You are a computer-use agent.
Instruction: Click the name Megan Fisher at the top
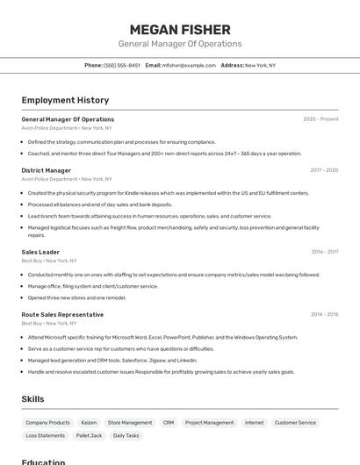(180, 29)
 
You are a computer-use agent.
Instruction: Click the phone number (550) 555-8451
(121, 65)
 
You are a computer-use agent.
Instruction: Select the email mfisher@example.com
(189, 65)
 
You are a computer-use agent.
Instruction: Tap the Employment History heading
(65, 100)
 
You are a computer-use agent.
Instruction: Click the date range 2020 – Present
(320, 119)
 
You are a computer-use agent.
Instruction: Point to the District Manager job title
(47, 170)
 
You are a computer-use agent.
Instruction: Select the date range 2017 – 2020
(324, 170)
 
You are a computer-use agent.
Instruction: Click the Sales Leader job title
(40, 252)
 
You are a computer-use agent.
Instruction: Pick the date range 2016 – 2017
(324, 252)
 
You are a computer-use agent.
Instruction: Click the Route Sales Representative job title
(62, 314)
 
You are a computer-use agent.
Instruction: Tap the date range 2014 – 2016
(324, 314)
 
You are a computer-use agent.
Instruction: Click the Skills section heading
(33, 398)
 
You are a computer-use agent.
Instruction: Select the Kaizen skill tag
(89, 422)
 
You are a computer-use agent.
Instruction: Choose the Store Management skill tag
(130, 422)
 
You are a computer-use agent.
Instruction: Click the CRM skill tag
(168, 422)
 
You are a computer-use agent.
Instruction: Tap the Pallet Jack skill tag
(89, 435)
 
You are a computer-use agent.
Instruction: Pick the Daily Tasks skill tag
(126, 435)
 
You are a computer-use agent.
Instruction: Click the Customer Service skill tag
(295, 422)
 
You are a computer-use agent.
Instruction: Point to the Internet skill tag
(254, 422)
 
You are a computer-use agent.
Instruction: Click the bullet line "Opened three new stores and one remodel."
(76, 297)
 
